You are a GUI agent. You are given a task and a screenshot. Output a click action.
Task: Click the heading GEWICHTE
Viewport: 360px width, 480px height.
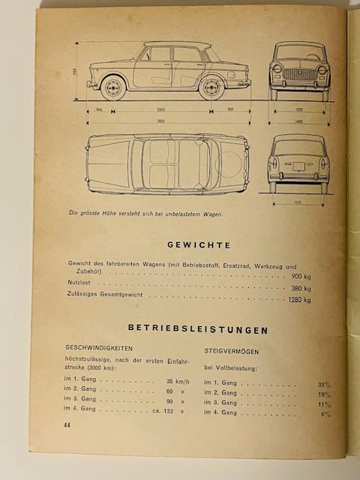[198, 244]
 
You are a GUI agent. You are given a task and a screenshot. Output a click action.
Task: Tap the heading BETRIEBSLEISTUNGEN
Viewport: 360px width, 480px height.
[198, 329]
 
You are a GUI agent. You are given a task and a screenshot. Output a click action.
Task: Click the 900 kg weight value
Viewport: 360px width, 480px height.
[301, 277]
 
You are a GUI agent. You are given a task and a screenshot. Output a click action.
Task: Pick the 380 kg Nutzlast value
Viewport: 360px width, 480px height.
[301, 288]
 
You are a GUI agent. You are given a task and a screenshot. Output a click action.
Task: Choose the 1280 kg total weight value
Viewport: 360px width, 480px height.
[298, 299]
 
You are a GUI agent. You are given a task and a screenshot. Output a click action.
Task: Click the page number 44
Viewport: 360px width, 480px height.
[60, 425]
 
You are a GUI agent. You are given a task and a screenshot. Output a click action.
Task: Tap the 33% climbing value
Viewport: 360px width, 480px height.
[323, 385]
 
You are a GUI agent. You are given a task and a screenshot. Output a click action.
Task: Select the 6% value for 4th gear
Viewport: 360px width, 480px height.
[325, 413]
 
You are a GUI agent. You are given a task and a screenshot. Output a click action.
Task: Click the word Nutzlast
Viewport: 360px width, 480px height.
[78, 288]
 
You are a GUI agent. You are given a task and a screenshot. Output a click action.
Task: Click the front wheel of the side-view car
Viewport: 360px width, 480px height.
[112, 87]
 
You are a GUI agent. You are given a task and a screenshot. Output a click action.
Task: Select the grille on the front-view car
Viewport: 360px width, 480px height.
[299, 75]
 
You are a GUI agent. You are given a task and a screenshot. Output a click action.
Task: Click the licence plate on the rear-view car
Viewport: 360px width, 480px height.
[298, 166]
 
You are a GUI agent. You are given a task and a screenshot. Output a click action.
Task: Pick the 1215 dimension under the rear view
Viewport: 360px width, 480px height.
[298, 202]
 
